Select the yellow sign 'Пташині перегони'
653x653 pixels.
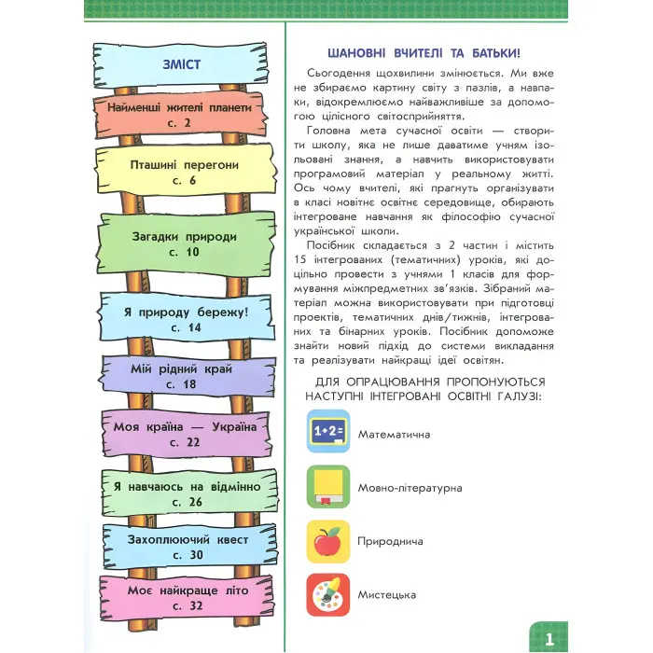coord(179,173)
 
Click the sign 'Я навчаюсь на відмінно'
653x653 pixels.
coord(180,493)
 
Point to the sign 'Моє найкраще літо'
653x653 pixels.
coord(180,598)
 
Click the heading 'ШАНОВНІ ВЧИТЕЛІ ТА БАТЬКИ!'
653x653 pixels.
coord(431,52)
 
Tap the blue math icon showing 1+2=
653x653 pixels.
coord(328,433)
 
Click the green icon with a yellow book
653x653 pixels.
coord(328,487)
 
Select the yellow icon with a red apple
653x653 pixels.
coord(328,541)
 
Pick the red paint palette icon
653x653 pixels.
coord(328,594)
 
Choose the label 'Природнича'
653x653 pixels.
coord(390,541)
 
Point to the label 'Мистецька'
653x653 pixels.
coord(386,594)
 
